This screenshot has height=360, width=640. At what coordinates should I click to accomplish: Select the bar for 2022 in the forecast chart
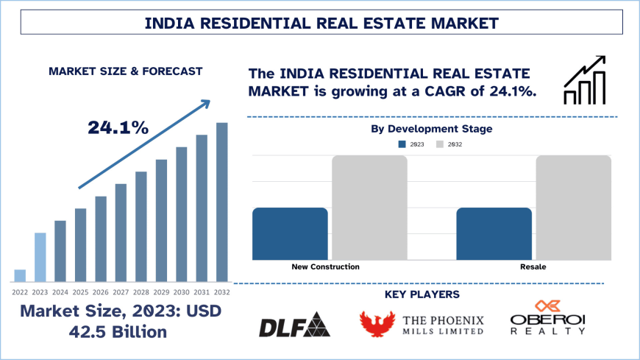[x=20, y=275]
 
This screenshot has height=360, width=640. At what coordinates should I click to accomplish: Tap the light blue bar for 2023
[x=40, y=257]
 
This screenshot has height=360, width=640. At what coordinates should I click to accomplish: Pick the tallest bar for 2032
[x=221, y=202]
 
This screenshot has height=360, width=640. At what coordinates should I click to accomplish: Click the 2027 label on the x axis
[x=121, y=292]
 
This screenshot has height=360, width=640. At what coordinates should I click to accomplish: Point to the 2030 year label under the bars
[x=181, y=292]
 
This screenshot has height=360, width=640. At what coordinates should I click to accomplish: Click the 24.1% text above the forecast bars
[x=118, y=127]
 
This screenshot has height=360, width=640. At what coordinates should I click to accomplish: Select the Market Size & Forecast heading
[x=125, y=71]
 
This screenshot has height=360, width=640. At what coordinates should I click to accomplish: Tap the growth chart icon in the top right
[x=584, y=81]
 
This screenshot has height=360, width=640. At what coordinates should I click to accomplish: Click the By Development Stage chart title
[x=430, y=129]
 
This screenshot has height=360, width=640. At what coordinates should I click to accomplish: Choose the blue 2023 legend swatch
[x=402, y=144]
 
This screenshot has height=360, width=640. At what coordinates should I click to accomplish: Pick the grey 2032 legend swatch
[x=441, y=144]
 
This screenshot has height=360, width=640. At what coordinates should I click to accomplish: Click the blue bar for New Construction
[x=290, y=233]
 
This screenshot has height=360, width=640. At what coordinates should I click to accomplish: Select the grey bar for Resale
[x=573, y=207]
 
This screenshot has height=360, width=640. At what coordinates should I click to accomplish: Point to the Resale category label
[x=533, y=267]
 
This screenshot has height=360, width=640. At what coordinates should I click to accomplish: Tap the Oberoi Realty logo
[x=548, y=318]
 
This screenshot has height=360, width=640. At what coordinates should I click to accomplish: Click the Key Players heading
[x=422, y=294]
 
